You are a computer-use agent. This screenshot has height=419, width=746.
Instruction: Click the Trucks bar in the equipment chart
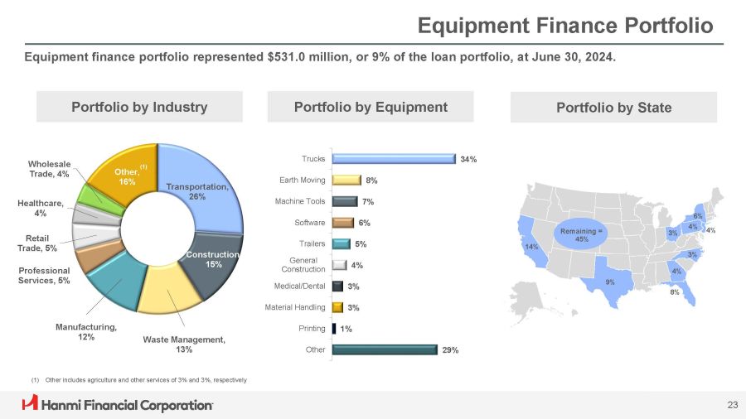click(x=393, y=158)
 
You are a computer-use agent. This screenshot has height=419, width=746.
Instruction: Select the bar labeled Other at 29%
click(x=384, y=349)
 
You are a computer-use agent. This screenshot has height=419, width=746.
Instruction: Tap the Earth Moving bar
click(x=346, y=179)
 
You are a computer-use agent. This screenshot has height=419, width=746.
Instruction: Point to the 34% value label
click(x=468, y=159)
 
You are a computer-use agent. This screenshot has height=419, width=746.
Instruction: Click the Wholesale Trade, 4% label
click(x=50, y=168)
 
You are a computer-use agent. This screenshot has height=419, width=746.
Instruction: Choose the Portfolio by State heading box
click(x=613, y=107)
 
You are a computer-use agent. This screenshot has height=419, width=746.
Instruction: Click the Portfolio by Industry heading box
click(x=139, y=107)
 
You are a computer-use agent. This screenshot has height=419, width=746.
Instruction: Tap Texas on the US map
click(x=611, y=279)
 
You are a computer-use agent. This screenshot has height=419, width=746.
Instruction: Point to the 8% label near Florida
click(x=675, y=291)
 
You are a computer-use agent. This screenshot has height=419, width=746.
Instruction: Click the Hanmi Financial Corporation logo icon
click(x=31, y=404)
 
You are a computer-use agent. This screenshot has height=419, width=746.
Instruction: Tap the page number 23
click(x=731, y=404)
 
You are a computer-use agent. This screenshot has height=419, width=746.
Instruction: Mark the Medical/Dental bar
click(x=337, y=286)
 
